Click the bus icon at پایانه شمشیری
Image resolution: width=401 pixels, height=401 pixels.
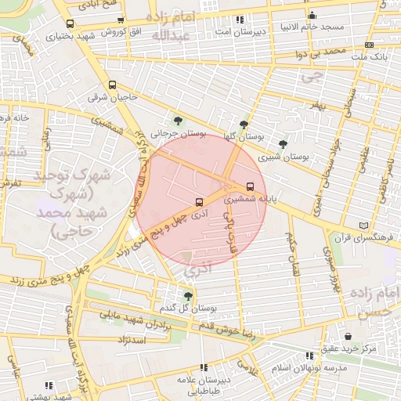[x=250, y=186]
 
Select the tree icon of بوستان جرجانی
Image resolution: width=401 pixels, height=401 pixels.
[x=179, y=121]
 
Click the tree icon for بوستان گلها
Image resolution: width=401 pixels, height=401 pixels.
[x=245, y=123]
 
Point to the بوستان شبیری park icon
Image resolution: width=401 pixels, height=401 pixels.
[x=283, y=143]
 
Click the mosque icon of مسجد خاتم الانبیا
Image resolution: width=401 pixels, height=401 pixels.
[x=312, y=15]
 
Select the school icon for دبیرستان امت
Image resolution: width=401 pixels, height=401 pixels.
[x=240, y=19]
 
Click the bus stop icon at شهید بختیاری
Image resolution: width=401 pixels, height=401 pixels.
[x=70, y=23]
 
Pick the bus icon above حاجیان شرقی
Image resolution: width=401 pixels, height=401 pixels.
[x=111, y=85]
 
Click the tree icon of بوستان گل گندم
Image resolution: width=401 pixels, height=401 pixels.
[x=187, y=295]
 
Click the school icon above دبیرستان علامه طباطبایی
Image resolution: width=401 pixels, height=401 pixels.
[x=203, y=367]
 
